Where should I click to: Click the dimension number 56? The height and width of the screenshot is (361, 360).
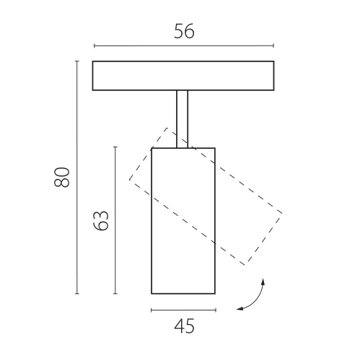point(184,31)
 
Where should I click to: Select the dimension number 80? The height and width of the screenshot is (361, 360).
point(62,177)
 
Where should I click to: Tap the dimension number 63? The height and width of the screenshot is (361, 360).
point(101,221)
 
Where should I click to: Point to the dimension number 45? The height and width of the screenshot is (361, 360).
point(184,326)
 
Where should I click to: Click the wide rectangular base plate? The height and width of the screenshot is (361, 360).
point(183,76)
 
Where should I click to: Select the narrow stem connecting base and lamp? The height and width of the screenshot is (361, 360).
point(183,119)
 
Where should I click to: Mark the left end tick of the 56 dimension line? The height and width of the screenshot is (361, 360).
point(95,45)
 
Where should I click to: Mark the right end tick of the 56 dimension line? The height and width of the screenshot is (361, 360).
point(273,45)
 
